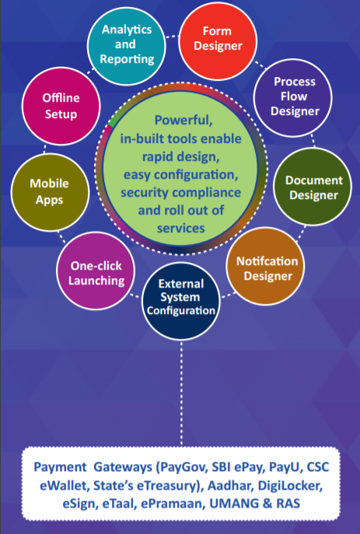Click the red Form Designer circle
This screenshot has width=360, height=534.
click(218, 41)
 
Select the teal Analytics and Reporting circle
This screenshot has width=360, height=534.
click(127, 46)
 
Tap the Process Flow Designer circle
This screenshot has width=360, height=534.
click(293, 98)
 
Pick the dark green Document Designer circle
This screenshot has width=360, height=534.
click(313, 187)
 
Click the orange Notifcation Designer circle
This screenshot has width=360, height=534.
click(265, 266)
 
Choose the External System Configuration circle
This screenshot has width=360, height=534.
click(181, 301)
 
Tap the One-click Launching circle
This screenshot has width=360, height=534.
click(96, 270)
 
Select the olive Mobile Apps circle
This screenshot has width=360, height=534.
click(50, 193)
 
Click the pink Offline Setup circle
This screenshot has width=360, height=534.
click(61, 106)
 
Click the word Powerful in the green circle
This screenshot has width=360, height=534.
click(183, 120)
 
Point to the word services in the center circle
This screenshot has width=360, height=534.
click(181, 229)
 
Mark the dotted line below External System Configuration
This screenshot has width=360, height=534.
click(181, 393)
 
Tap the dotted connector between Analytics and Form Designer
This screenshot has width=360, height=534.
click(173, 36)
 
